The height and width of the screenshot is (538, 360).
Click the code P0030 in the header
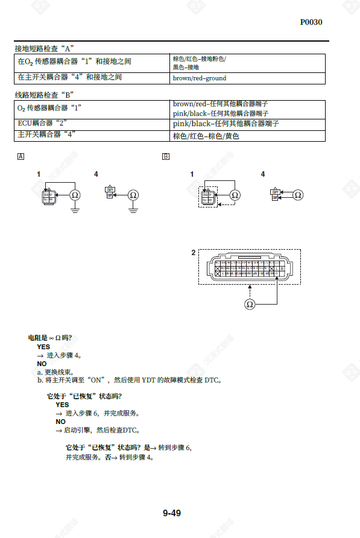[x=311, y=22]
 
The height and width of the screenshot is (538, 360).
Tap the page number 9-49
[x=171, y=513]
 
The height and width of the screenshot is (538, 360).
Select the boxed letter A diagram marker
[x=22, y=157]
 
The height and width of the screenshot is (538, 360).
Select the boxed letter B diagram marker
[x=166, y=157]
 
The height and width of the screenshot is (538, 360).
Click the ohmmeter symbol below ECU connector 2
[x=250, y=305]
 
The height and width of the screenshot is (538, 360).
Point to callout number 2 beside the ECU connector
[x=193, y=253]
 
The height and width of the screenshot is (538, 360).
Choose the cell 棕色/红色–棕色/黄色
[x=206, y=136]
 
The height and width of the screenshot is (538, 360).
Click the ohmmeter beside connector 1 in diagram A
[x=75, y=195]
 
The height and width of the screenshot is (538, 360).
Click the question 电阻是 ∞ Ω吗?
[x=54, y=338]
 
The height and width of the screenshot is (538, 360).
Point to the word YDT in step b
[x=148, y=380]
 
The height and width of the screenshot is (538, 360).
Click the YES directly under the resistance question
[x=43, y=347]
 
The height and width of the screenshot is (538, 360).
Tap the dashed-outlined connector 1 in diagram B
[x=207, y=196]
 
